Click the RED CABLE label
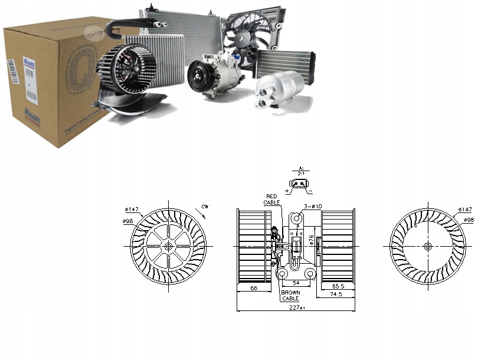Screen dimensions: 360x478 pos(273,199)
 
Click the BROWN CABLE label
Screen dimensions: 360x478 pos(290,295)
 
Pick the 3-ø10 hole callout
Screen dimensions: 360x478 pos(312,206)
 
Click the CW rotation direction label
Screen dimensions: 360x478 pos(205,206)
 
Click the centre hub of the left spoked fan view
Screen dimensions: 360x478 pos(169,246)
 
